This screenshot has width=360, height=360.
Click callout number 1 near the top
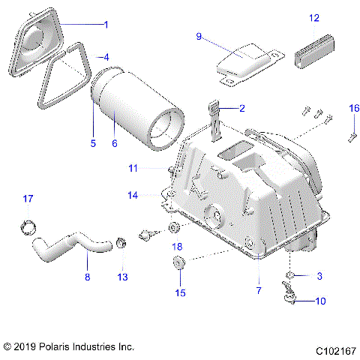click(x=106, y=25)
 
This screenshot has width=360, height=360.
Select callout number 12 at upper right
click(x=313, y=16)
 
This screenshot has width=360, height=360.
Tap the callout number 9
click(x=199, y=36)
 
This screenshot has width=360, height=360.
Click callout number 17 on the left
click(x=28, y=199)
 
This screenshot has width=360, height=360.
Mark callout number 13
click(x=122, y=277)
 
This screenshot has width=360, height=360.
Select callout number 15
click(x=178, y=292)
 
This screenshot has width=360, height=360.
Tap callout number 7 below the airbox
click(x=259, y=289)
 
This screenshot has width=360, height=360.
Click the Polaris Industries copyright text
click(x=68, y=347)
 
